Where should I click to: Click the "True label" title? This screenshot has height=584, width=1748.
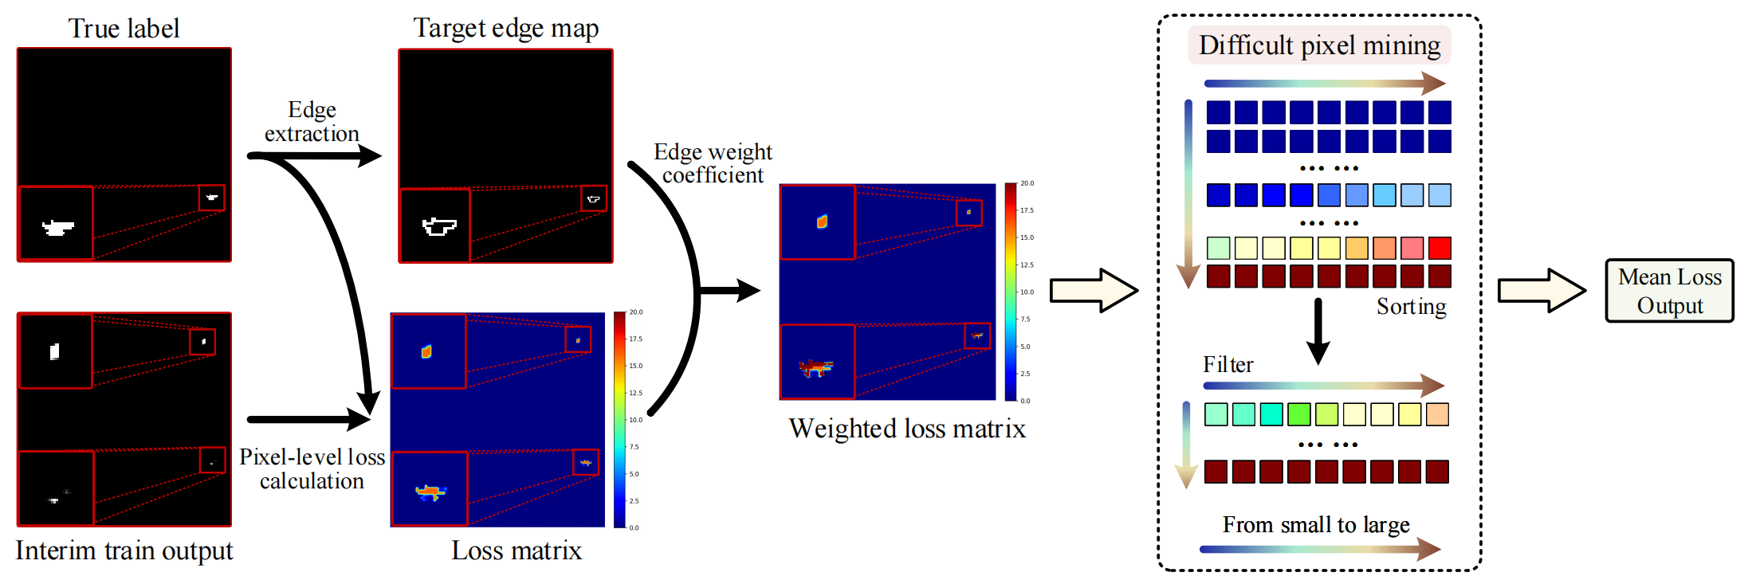click(x=124, y=29)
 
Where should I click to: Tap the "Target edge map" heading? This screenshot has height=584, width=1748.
click(x=505, y=29)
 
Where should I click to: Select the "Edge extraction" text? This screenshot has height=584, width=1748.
click(x=312, y=121)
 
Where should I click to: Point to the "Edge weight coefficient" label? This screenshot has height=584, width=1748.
click(x=713, y=163)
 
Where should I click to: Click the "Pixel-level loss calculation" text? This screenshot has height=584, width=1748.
click(x=312, y=468)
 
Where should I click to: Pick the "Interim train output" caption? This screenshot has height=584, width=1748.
click(x=124, y=551)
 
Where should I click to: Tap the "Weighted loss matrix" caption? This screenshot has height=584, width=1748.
click(x=907, y=429)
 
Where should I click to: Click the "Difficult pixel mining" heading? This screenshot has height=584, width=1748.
click(x=1319, y=45)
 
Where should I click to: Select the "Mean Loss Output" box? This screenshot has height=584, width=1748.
click(x=1669, y=291)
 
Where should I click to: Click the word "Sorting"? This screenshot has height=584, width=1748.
click(x=1411, y=307)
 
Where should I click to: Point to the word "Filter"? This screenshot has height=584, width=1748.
click(x=1228, y=365)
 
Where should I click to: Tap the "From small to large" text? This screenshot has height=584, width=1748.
click(x=1316, y=525)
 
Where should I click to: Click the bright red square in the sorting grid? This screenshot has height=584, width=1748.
click(x=1440, y=249)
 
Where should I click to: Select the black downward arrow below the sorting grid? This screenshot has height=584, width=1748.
click(x=1318, y=331)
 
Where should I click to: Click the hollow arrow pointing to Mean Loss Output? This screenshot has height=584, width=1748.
click(x=1541, y=291)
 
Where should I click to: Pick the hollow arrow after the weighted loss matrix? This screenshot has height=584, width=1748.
click(x=1093, y=291)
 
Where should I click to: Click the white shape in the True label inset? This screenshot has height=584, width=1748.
click(x=57, y=228)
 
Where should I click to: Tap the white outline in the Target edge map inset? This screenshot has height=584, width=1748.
click(x=438, y=226)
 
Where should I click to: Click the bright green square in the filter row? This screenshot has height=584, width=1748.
click(x=1298, y=414)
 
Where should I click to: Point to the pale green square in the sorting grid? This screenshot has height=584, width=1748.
click(x=1218, y=249)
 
